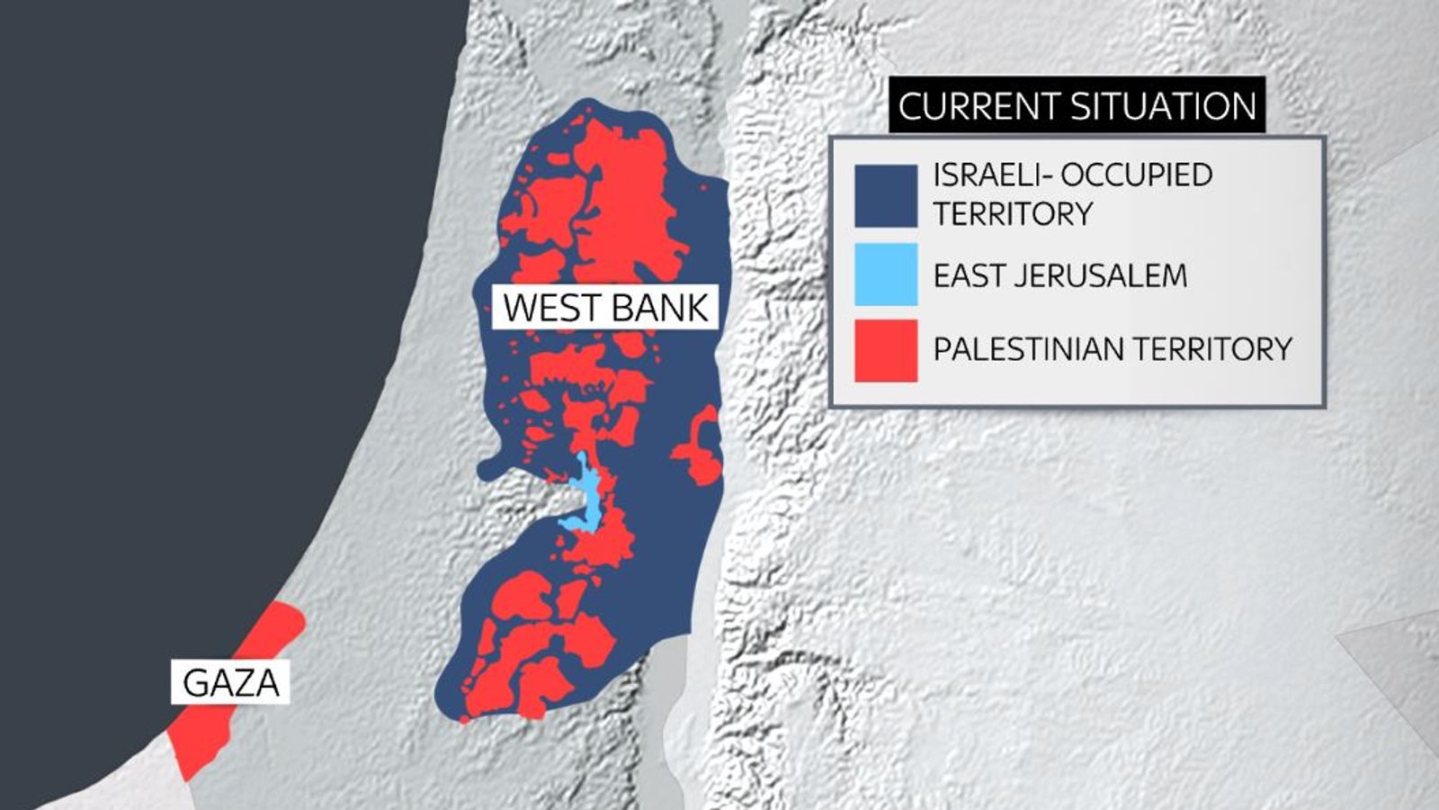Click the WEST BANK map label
(x=605, y=307)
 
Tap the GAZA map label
(x=230, y=682)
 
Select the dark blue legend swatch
(x=886, y=195)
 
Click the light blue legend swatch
(x=886, y=274)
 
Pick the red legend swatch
(x=886, y=350)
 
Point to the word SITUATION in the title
(x=1160, y=106)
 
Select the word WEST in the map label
(x=545, y=307)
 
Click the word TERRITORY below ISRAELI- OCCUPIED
(x=1013, y=214)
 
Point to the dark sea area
(x=180, y=315)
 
